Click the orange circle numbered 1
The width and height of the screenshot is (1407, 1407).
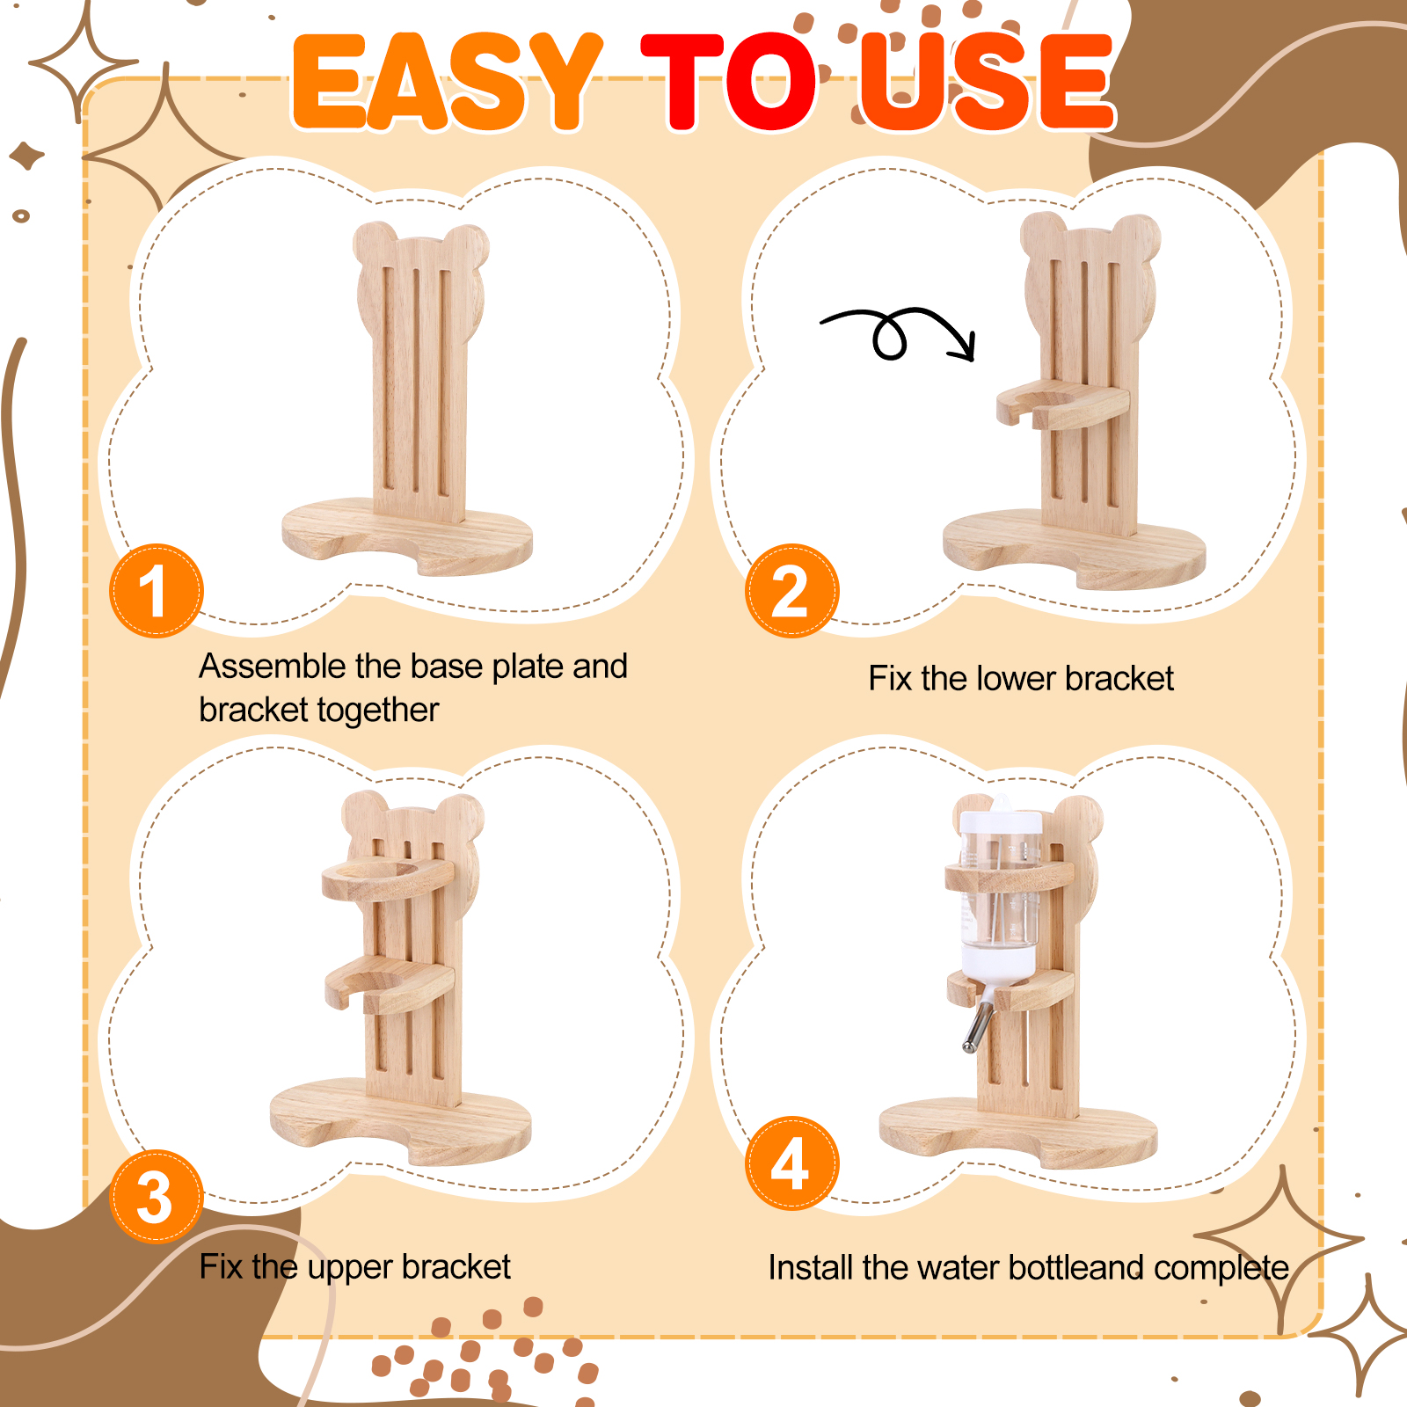click(x=157, y=590)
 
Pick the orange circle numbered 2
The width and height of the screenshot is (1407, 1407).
click(x=791, y=590)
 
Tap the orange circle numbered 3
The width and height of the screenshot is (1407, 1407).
click(x=157, y=1196)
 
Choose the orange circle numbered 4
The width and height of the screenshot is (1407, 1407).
click(x=791, y=1163)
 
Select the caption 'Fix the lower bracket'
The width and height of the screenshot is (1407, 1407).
click(x=1021, y=678)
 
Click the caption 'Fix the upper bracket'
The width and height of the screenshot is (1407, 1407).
click(x=354, y=1267)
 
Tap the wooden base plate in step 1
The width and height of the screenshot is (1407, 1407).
click(x=407, y=537)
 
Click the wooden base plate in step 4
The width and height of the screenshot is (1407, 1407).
click(x=1018, y=1134)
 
